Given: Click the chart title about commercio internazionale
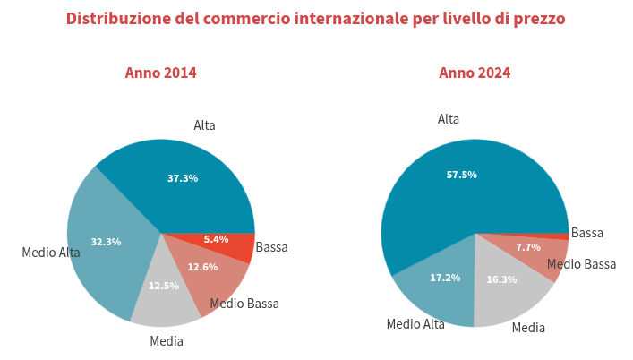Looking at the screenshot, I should (316, 19).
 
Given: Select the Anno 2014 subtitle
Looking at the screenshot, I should (160, 73).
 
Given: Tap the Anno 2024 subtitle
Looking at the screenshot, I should (475, 73).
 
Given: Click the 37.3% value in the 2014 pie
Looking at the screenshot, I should (183, 178).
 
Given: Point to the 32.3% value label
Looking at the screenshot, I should (106, 242).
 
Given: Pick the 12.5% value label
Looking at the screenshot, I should (164, 286).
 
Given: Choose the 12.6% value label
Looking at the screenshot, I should (202, 267).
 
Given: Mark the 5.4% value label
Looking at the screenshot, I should (216, 239).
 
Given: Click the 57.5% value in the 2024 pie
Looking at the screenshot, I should (461, 175).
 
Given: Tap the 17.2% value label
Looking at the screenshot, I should (445, 278).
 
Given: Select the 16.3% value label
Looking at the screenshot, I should (501, 279).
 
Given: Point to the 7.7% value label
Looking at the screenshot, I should (528, 247).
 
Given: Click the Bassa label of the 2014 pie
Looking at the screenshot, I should (271, 247).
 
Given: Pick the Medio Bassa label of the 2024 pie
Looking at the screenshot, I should (581, 264).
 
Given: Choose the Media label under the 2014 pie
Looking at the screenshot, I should (167, 341).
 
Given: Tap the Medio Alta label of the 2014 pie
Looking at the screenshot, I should (51, 253).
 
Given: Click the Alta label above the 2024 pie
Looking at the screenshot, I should (449, 119).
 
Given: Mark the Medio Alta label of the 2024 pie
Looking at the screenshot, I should (415, 324).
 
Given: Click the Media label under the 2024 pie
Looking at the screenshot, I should (528, 328).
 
